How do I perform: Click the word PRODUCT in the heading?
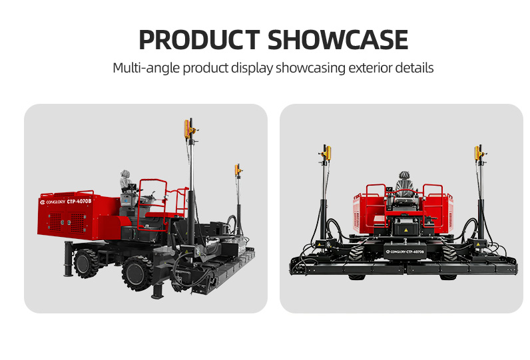tap(199, 40)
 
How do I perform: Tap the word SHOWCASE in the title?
tap(338, 40)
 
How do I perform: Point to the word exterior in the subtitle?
tap(370, 68)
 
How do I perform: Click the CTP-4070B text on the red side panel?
tap(79, 201)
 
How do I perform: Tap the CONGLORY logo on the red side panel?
tap(53, 202)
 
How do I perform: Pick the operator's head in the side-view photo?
tap(125, 174)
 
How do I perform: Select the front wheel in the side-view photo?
tap(137, 273)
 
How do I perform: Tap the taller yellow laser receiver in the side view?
tap(186, 129)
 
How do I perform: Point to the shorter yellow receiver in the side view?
tap(237, 170)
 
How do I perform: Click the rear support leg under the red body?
tap(69, 259)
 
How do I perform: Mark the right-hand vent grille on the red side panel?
tap(77, 223)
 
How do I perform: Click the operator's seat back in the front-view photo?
tap(404, 187)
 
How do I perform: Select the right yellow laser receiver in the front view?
tap(477, 153)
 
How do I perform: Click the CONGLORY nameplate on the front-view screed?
tap(405, 252)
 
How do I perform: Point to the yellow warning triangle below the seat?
tap(405, 230)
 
